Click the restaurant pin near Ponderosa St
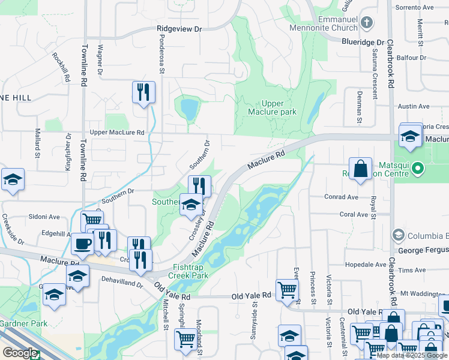(x=143, y=92)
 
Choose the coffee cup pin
(x=82, y=244)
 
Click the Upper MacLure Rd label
(x=117, y=132)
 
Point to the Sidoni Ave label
(x=46, y=217)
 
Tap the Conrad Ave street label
(x=342, y=197)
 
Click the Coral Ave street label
(x=354, y=214)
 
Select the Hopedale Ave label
(x=366, y=265)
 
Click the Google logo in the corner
(x=20, y=353)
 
